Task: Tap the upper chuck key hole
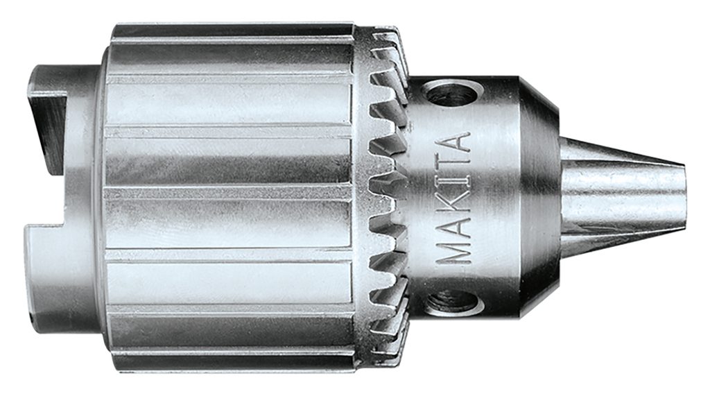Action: [x=453, y=92]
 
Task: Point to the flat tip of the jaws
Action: [x=684, y=196]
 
